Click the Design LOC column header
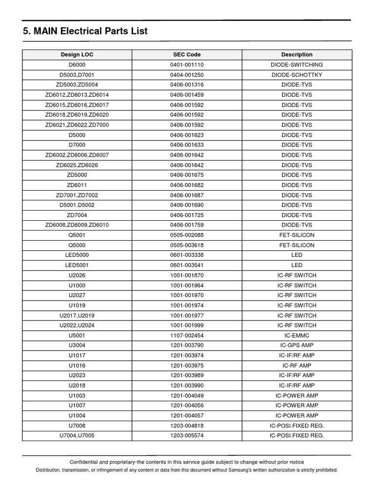pyautogui.click(x=76, y=54)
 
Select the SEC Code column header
pyautogui.click(x=187, y=54)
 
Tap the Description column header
pyautogui.click(x=297, y=54)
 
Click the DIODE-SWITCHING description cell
pyautogui.click(x=297, y=65)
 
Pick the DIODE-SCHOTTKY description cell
pyautogui.click(x=297, y=75)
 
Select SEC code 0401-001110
pyautogui.click(x=187, y=65)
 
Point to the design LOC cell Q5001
pyautogui.click(x=76, y=235)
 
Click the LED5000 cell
pyautogui.click(x=76, y=255)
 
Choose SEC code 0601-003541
pyautogui.click(x=187, y=265)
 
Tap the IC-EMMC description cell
pyautogui.click(x=297, y=335)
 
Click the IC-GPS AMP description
pyautogui.click(x=297, y=345)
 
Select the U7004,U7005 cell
pyautogui.click(x=76, y=435)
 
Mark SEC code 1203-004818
pyautogui.click(x=187, y=426)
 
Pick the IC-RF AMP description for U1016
pyautogui.click(x=297, y=365)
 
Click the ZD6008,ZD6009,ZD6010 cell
pyautogui.click(x=76, y=225)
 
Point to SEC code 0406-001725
pyautogui.click(x=187, y=215)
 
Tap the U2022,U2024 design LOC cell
pyautogui.click(x=76, y=325)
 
